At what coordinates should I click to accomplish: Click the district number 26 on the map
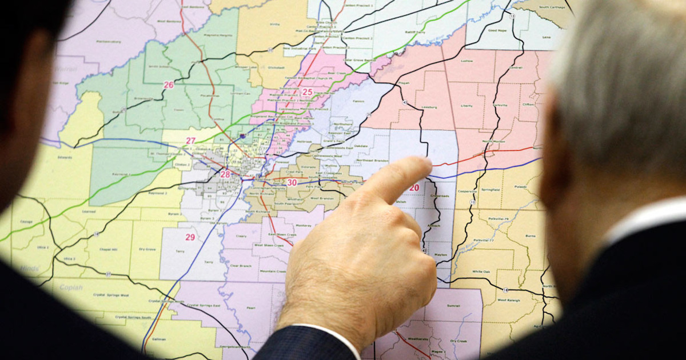[x=168, y=85]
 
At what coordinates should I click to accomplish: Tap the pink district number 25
[x=307, y=92]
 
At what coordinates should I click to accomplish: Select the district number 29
[x=190, y=237]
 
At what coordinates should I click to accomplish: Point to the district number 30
[x=292, y=183]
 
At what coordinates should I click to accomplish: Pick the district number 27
[x=190, y=141]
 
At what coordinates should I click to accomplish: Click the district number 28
[x=225, y=174]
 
